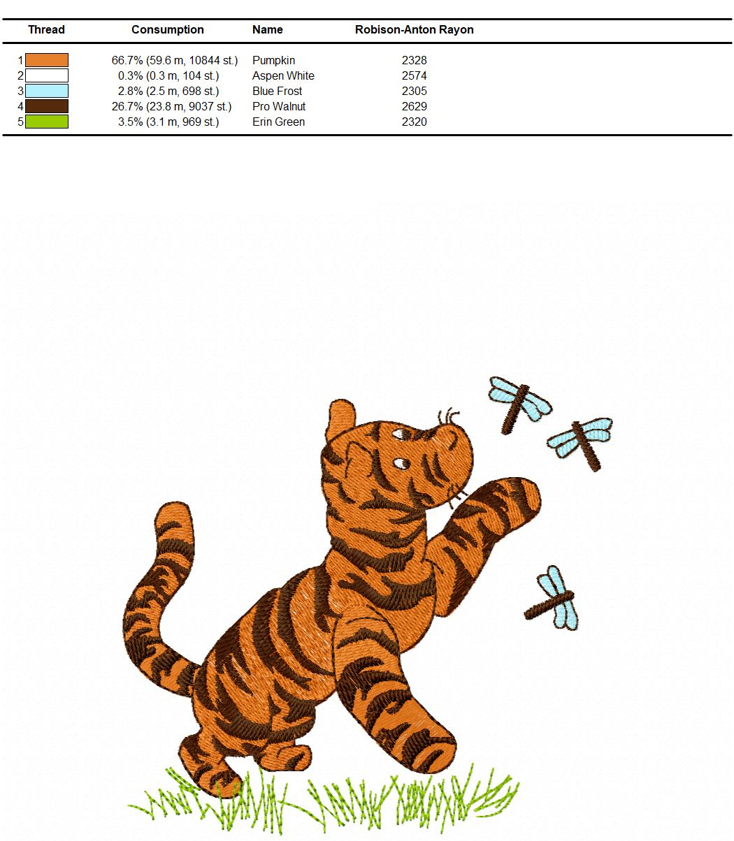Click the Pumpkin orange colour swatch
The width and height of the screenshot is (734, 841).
46,60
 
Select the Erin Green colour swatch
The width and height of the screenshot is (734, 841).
46,122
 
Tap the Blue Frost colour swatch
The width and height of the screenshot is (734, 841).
46,91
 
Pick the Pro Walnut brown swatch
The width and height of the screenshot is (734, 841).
46,106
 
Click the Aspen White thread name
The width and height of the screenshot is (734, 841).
283,75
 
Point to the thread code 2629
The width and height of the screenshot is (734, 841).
414,106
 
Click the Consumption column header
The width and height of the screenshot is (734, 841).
167,29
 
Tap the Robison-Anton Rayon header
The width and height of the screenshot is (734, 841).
414,29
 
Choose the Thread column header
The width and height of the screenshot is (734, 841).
46,29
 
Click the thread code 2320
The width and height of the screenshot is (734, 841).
414,122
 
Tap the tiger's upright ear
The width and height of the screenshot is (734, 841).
340,418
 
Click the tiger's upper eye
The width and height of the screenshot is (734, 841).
399,433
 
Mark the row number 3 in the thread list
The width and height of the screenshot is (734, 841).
20,91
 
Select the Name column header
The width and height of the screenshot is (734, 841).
267,29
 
